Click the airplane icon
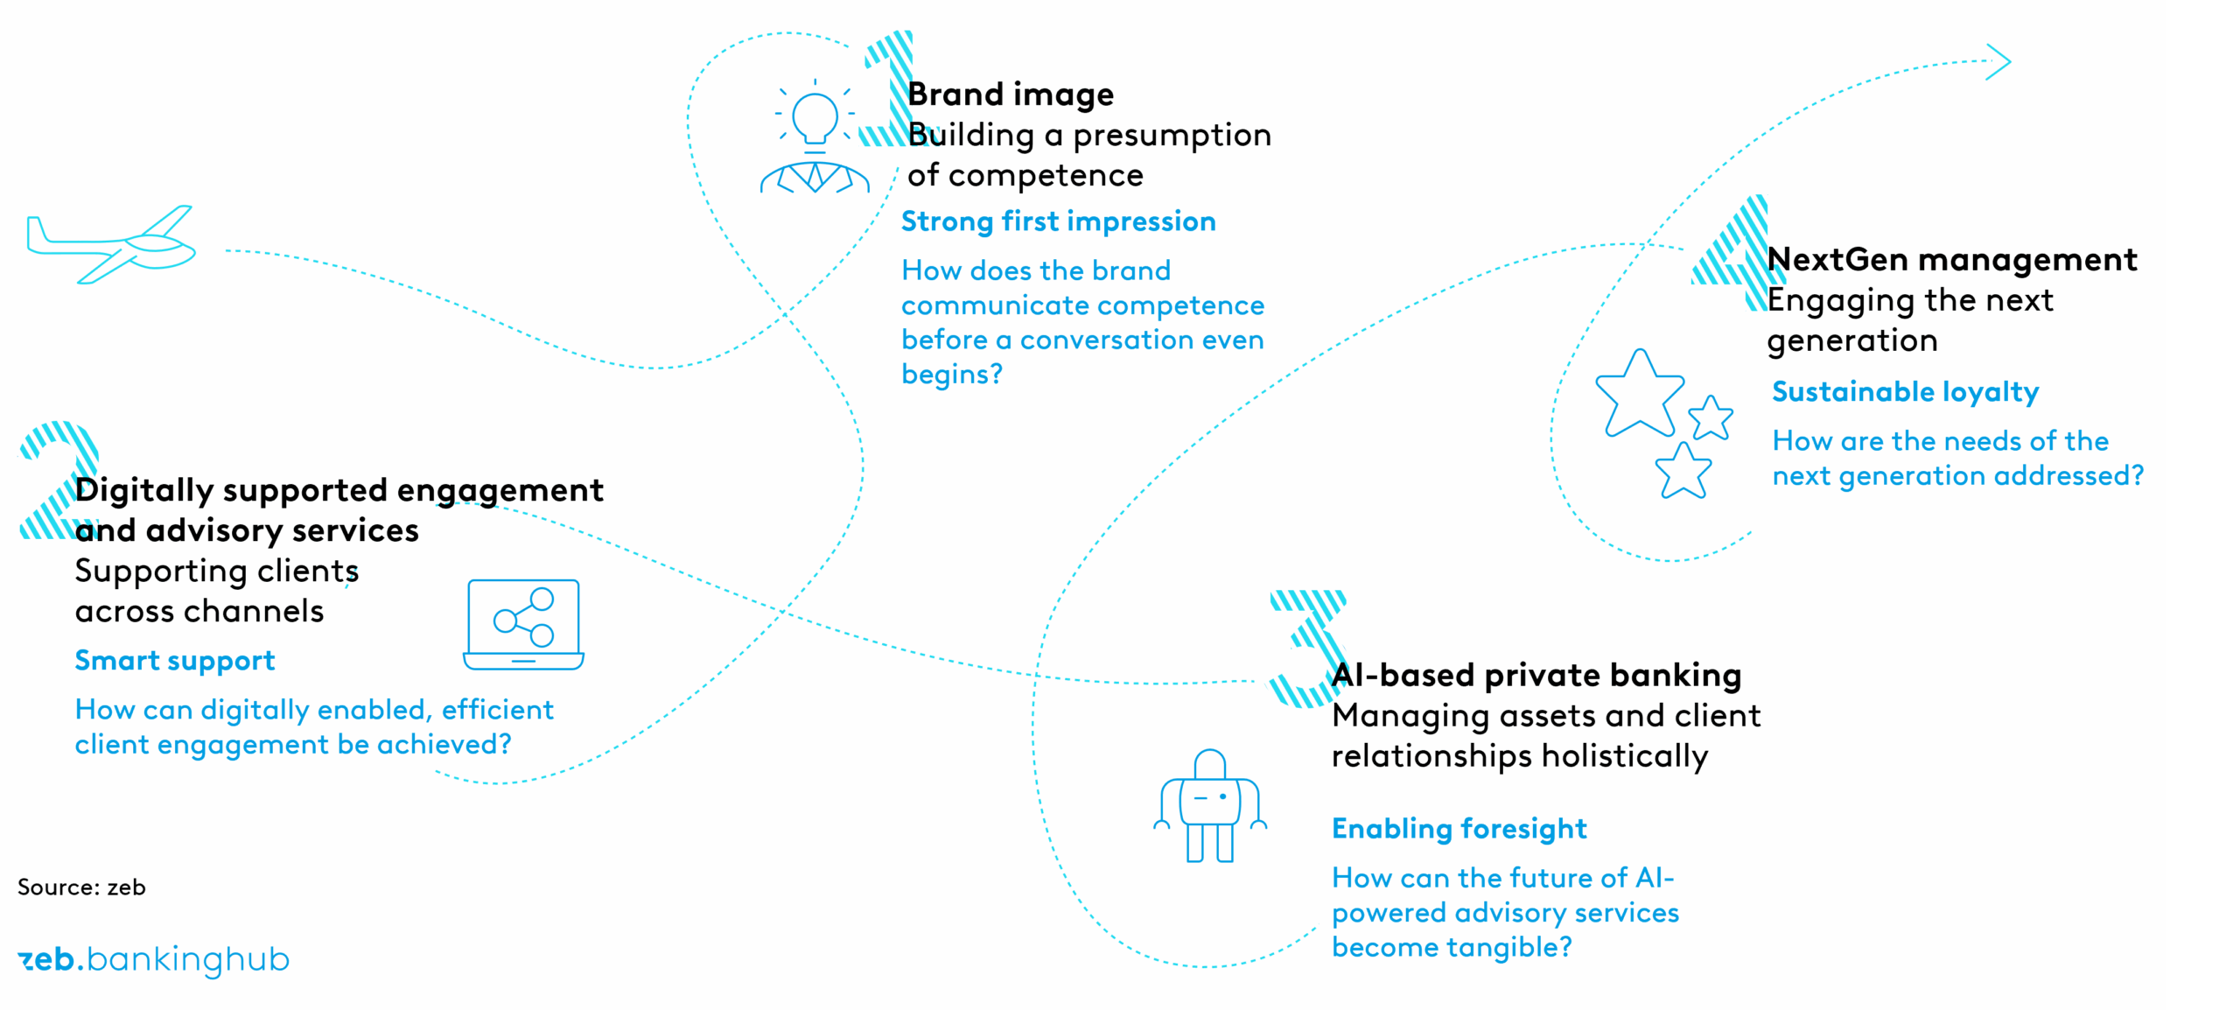tap(112, 244)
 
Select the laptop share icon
tap(523, 624)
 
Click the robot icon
tap(1210, 806)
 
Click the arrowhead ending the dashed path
tap(1998, 62)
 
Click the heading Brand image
tap(1011, 95)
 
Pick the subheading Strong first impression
tap(1058, 221)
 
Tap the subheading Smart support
tap(175, 661)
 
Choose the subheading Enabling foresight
tap(1459, 829)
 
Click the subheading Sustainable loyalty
tap(1905, 392)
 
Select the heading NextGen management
tap(1952, 260)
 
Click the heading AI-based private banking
tap(1536, 675)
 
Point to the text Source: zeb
tap(81, 887)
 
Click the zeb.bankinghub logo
tap(153, 960)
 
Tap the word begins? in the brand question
tap(952, 375)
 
